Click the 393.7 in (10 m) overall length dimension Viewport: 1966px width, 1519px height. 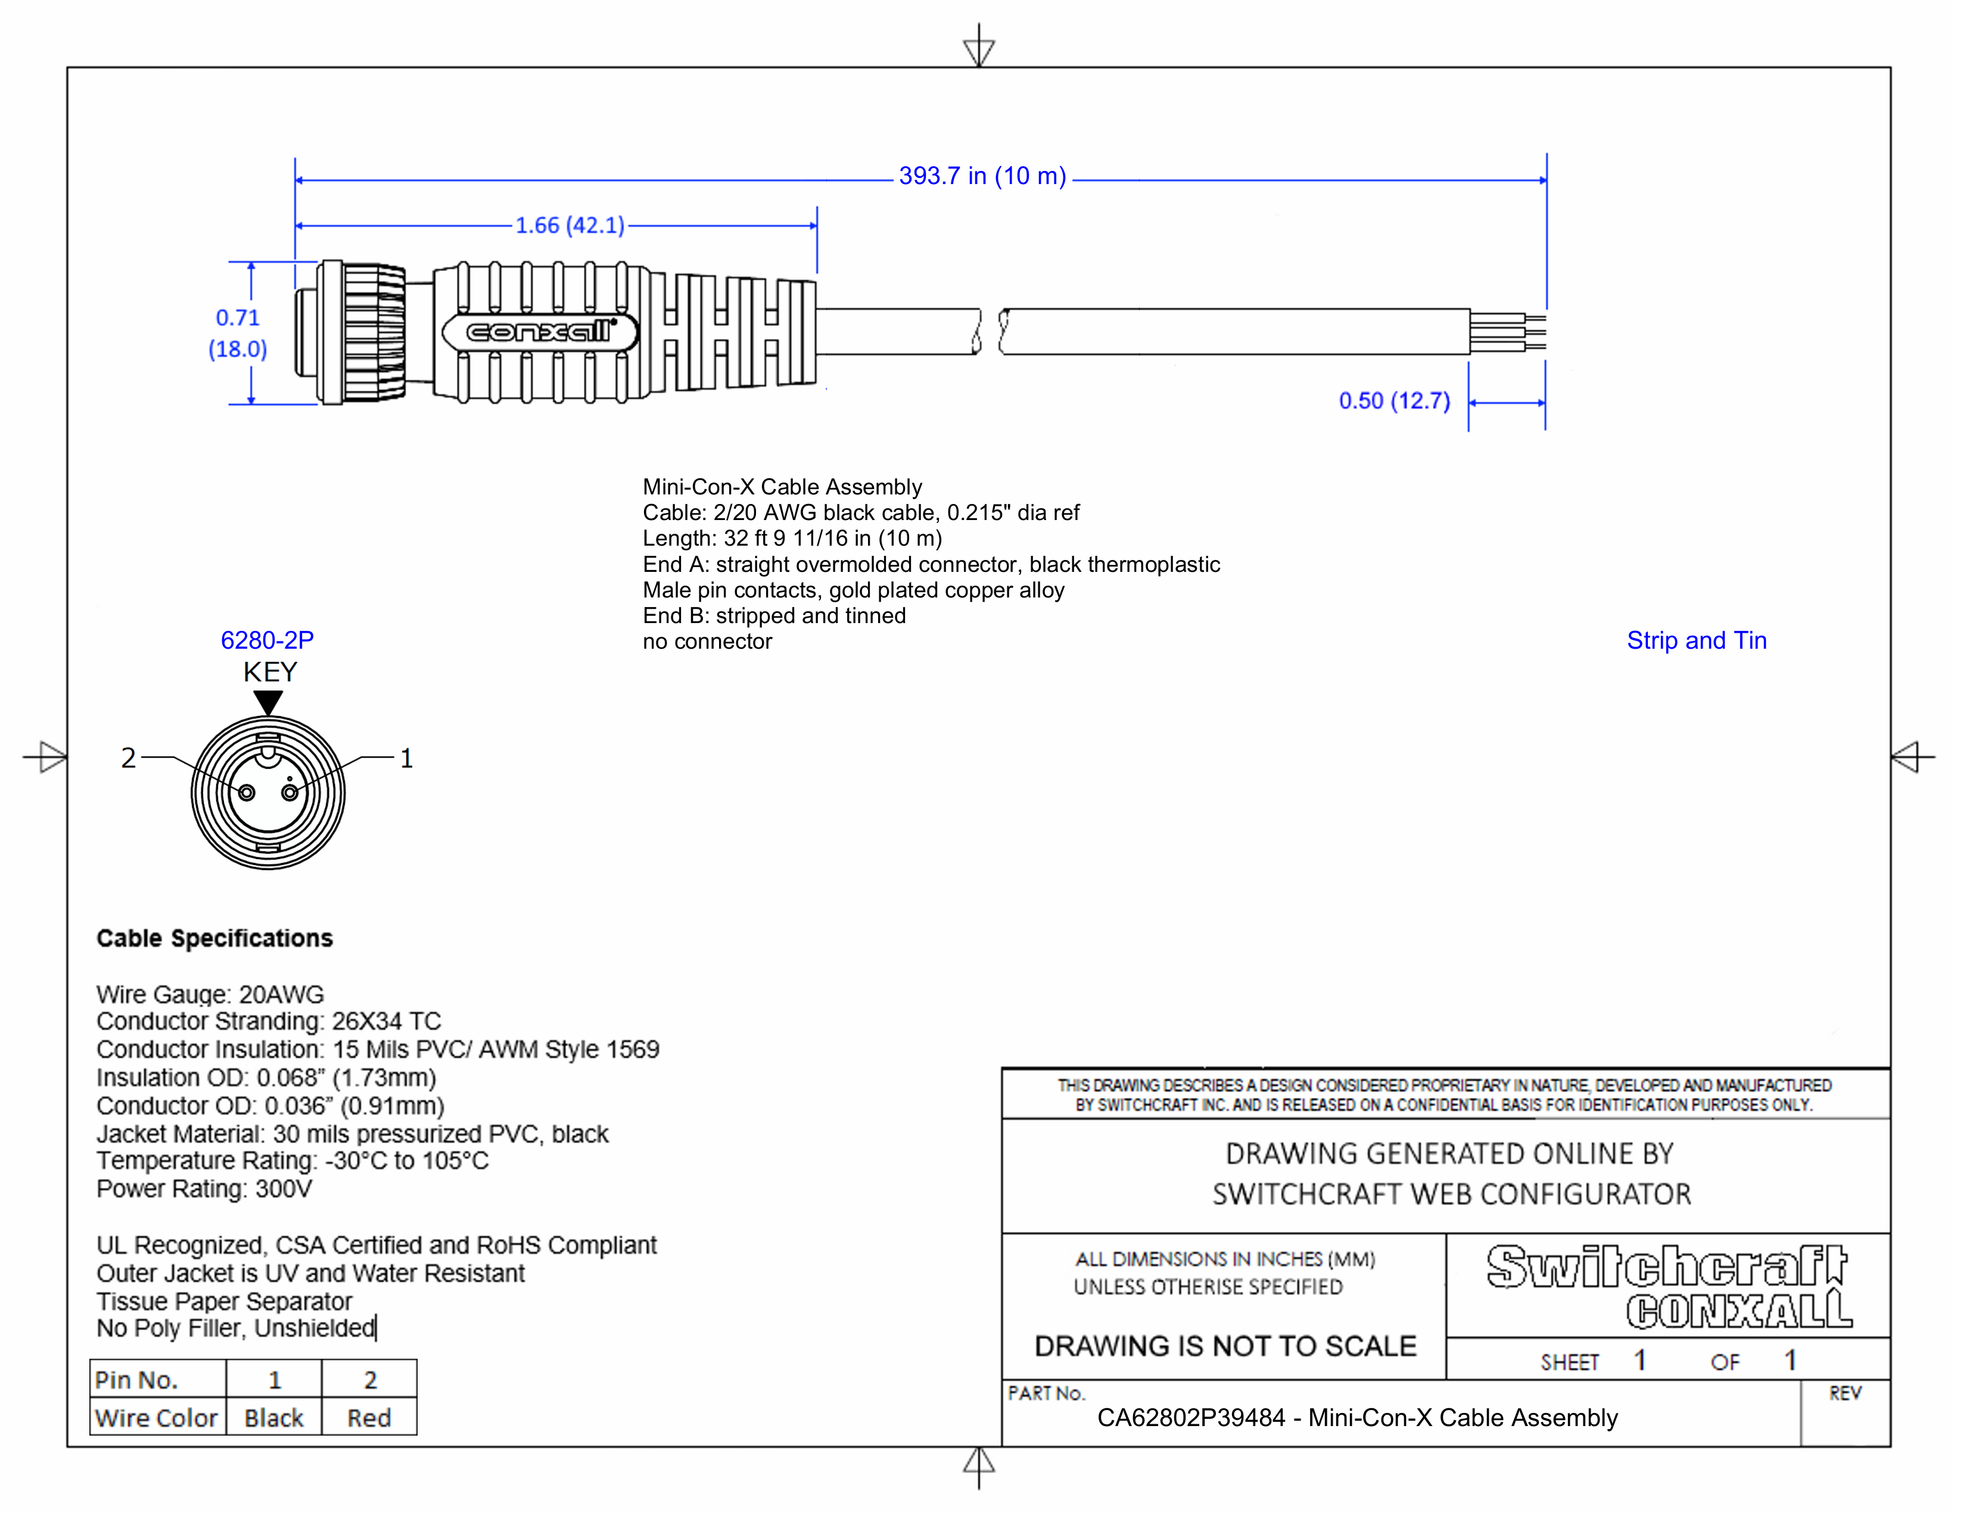click(982, 176)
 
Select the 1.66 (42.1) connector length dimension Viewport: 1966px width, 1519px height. click(570, 225)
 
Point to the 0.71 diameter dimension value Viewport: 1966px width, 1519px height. click(238, 318)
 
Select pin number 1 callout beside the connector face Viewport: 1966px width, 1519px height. click(406, 758)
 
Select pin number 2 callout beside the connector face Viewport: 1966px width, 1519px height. click(129, 758)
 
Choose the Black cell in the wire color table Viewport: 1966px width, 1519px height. click(273, 1418)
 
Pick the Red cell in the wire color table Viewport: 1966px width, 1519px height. click(369, 1418)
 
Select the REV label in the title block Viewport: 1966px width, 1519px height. click(1844, 1393)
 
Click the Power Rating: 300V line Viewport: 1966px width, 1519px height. click(204, 1189)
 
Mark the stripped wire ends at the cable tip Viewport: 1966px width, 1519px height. click(1533, 333)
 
